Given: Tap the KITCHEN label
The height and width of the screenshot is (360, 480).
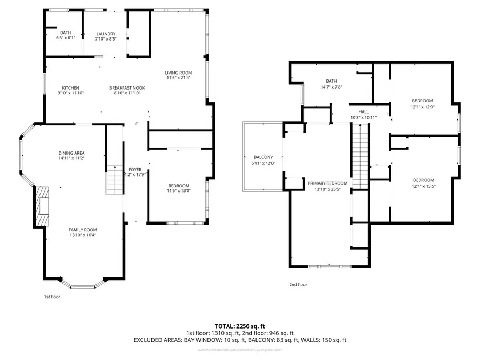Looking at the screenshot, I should [x=70, y=88].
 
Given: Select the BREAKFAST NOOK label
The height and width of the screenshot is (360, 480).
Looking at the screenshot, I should [x=127, y=88].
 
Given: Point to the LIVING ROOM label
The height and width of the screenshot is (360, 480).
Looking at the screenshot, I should [x=178, y=73].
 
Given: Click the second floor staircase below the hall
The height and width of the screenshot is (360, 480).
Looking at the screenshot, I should [x=359, y=155].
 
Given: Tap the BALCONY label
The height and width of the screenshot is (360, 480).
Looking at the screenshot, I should [x=263, y=157].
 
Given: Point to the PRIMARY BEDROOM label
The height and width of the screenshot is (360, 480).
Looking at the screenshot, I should [x=327, y=183].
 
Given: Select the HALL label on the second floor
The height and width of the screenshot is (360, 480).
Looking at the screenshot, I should [x=356, y=111].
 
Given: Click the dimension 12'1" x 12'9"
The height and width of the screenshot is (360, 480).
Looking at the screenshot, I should [x=422, y=107].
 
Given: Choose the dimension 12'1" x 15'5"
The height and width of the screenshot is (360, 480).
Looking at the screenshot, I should [x=423, y=186].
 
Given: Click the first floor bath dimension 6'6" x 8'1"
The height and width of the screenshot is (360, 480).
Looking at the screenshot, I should [x=66, y=38].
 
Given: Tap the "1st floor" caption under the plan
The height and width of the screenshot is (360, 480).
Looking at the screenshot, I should [x=52, y=297].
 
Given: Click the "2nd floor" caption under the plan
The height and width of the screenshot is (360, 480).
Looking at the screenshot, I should [x=299, y=285].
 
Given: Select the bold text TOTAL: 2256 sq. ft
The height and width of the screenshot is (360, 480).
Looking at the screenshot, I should [x=239, y=325].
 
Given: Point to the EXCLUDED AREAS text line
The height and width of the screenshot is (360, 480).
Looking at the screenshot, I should [x=239, y=340].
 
